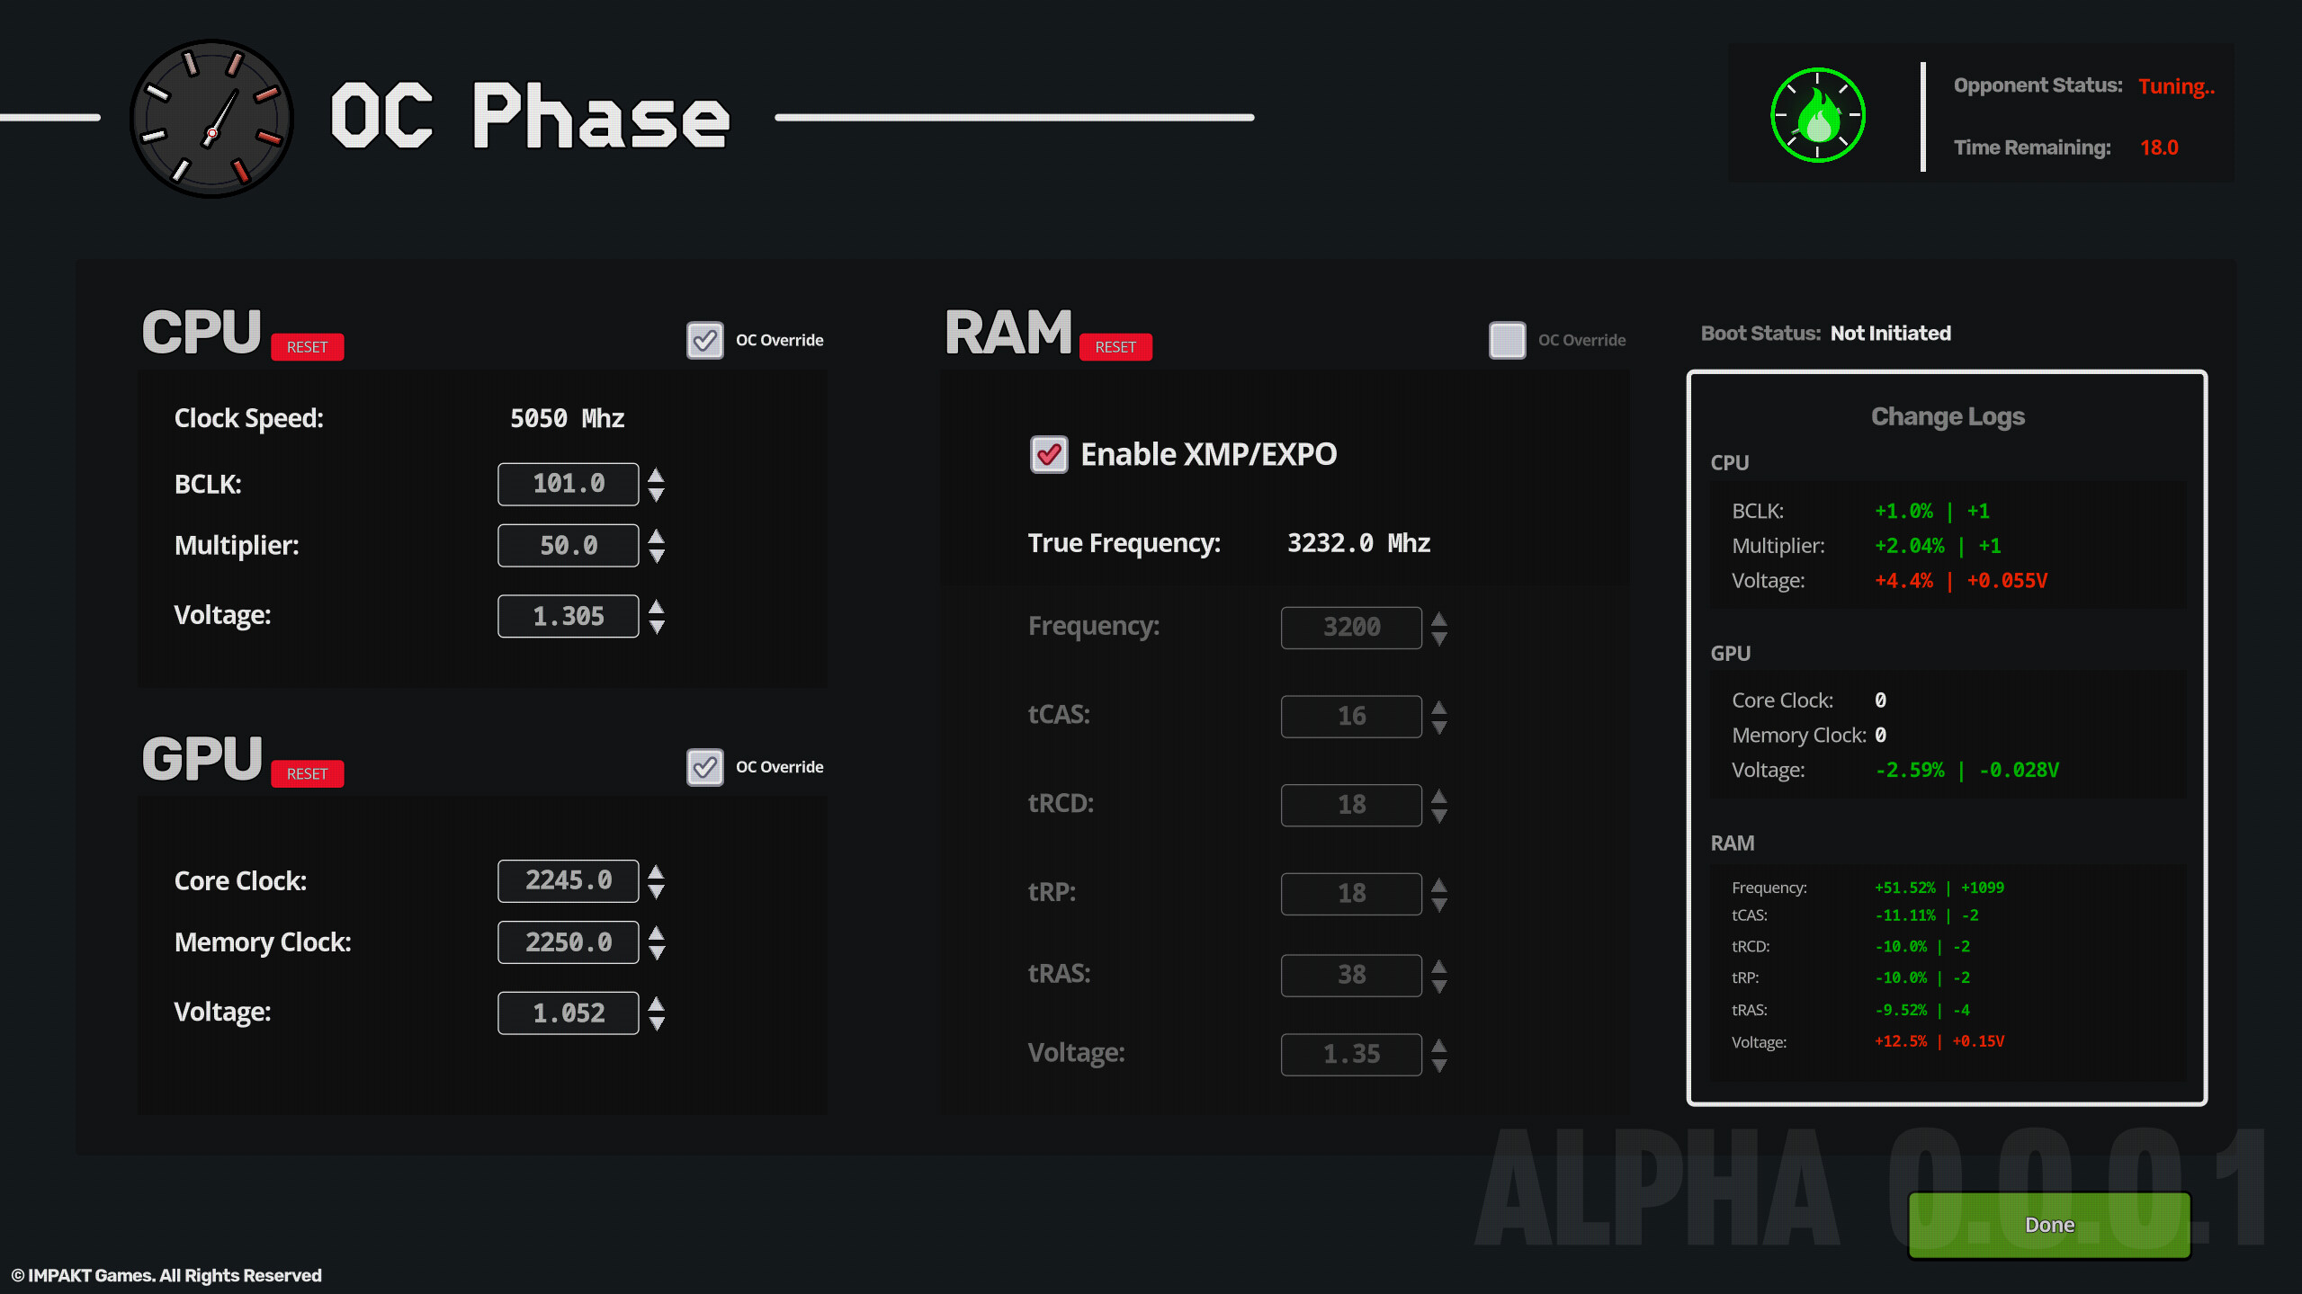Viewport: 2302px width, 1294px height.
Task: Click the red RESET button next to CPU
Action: (x=307, y=347)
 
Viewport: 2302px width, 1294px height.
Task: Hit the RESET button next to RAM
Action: (x=1115, y=347)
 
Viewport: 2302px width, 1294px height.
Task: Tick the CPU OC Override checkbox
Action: (x=704, y=341)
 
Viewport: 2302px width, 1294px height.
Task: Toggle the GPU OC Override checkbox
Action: (x=704, y=767)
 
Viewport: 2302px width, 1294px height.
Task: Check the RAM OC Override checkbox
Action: (x=1507, y=341)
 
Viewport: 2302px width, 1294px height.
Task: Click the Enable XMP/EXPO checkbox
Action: (x=1049, y=454)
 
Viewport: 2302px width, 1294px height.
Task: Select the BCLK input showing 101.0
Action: (x=568, y=484)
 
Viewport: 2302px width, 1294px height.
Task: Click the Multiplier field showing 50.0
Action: (x=568, y=546)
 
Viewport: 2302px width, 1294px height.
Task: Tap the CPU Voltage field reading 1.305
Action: (x=568, y=616)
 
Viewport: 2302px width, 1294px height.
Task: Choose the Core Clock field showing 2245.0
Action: (x=568, y=880)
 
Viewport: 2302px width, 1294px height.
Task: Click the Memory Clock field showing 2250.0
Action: (x=568, y=942)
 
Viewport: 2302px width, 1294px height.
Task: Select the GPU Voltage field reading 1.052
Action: (x=568, y=1013)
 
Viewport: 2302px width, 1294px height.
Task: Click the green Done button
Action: (x=2049, y=1225)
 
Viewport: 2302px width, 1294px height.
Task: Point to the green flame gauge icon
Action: (x=1817, y=115)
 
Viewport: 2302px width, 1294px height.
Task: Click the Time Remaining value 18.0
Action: (x=2159, y=147)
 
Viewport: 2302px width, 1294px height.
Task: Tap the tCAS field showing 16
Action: (x=1350, y=716)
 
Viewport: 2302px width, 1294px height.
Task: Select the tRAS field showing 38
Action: (x=1350, y=975)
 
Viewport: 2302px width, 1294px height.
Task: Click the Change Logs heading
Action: (x=1948, y=416)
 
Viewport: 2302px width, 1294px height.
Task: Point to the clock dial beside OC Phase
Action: (x=211, y=118)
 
